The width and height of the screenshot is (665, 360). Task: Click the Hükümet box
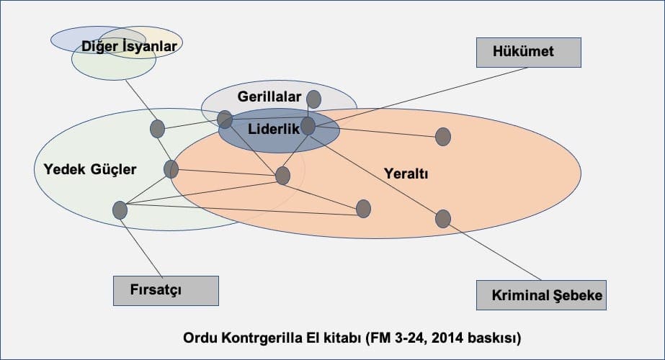528,53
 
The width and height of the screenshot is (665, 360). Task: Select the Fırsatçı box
166,291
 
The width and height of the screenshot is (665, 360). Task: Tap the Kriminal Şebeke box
541,295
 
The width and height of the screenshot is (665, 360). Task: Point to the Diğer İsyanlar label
129,46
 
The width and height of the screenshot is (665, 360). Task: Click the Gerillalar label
269,96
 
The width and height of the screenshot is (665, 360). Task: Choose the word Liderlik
274,128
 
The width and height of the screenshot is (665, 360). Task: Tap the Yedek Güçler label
90,169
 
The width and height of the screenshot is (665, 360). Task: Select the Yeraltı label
406,173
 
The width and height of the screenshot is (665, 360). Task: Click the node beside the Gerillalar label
314,99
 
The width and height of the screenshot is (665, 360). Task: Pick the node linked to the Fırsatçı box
120,210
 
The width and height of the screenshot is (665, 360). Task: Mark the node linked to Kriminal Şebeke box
443,219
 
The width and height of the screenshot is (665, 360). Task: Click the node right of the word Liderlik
308,127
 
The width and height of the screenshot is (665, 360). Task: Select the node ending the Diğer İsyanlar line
157,129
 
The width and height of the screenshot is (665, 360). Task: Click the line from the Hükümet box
421,97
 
